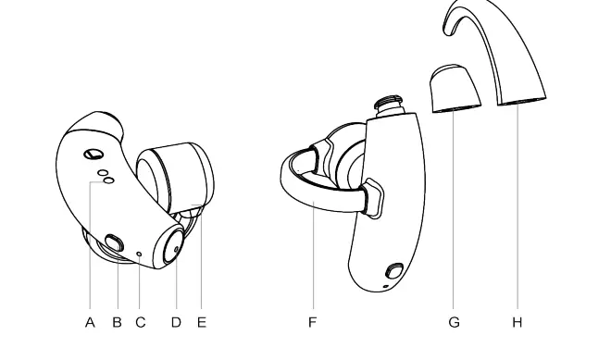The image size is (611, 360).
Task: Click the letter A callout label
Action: click(x=91, y=322)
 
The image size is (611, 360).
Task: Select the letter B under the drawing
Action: click(x=117, y=322)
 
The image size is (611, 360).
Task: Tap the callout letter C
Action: click(x=141, y=322)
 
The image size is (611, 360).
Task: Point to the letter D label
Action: click(x=176, y=322)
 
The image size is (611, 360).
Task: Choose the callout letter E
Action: click(x=201, y=322)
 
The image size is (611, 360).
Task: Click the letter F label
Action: click(x=313, y=322)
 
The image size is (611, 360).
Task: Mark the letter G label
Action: click(x=454, y=322)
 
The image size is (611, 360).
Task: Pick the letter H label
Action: click(x=517, y=322)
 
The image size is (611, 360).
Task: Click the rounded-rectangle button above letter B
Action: click(x=113, y=244)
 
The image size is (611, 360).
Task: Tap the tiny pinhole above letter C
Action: click(x=139, y=253)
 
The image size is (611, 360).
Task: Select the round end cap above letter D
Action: click(x=173, y=247)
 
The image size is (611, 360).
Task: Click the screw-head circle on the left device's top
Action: click(x=94, y=154)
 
